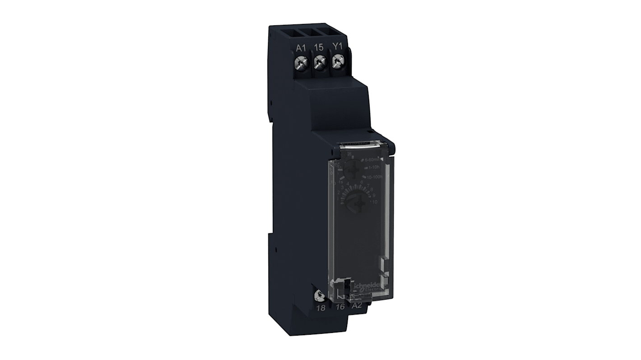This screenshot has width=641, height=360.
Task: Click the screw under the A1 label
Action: (302, 63)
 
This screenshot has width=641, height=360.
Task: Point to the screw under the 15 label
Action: (320, 63)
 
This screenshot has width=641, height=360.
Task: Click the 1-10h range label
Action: (373, 168)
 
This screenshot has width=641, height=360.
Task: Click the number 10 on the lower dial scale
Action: (374, 202)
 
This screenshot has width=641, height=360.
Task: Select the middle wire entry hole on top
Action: (320, 32)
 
